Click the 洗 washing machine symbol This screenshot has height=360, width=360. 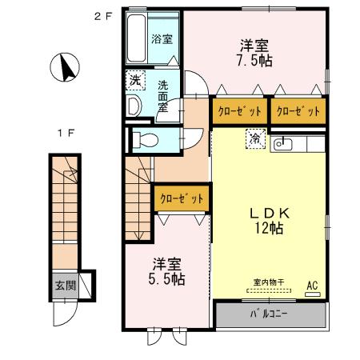point(134,82)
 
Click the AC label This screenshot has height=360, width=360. point(312,284)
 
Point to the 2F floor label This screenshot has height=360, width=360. point(102,15)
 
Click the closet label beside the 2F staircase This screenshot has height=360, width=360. point(182,198)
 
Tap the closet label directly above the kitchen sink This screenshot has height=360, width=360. point(298,111)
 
